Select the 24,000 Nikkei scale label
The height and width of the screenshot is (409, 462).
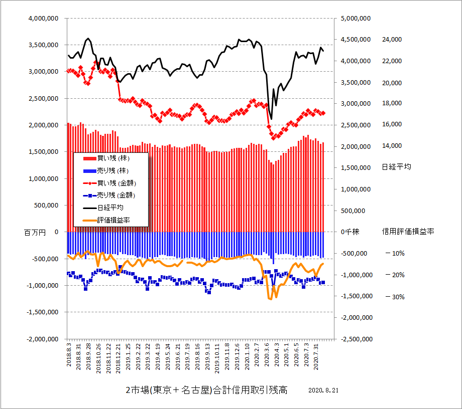coord(392,40)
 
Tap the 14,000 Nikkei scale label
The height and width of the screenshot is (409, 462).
coord(392,146)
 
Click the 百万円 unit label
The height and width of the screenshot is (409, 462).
coord(35,232)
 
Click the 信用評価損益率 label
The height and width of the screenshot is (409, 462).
coord(408,232)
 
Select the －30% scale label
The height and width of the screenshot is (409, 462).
coord(395,297)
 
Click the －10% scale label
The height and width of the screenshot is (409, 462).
coord(395,254)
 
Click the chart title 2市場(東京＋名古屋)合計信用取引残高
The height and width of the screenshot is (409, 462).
coord(206,390)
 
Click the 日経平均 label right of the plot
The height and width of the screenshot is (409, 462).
coord(396,167)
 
